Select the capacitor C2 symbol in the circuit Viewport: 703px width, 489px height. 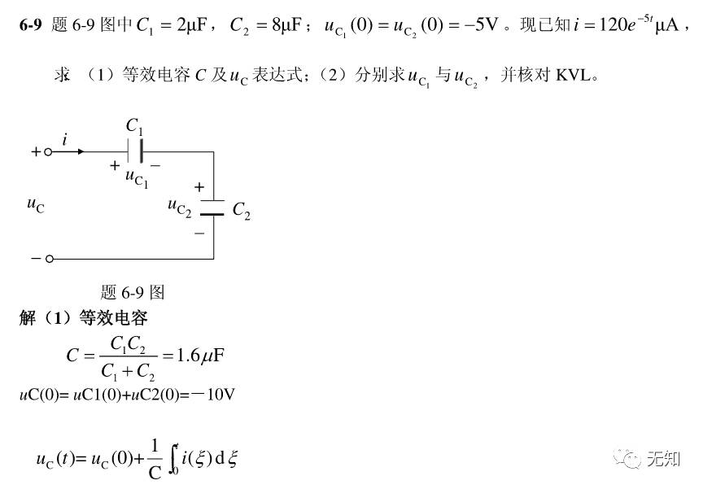point(213,207)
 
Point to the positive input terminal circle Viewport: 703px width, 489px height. point(48,152)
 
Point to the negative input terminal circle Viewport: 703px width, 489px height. point(49,259)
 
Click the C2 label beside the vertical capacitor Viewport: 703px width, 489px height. point(242,211)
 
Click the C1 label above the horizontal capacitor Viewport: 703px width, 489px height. point(134,126)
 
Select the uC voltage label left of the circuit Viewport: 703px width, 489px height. point(35,205)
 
